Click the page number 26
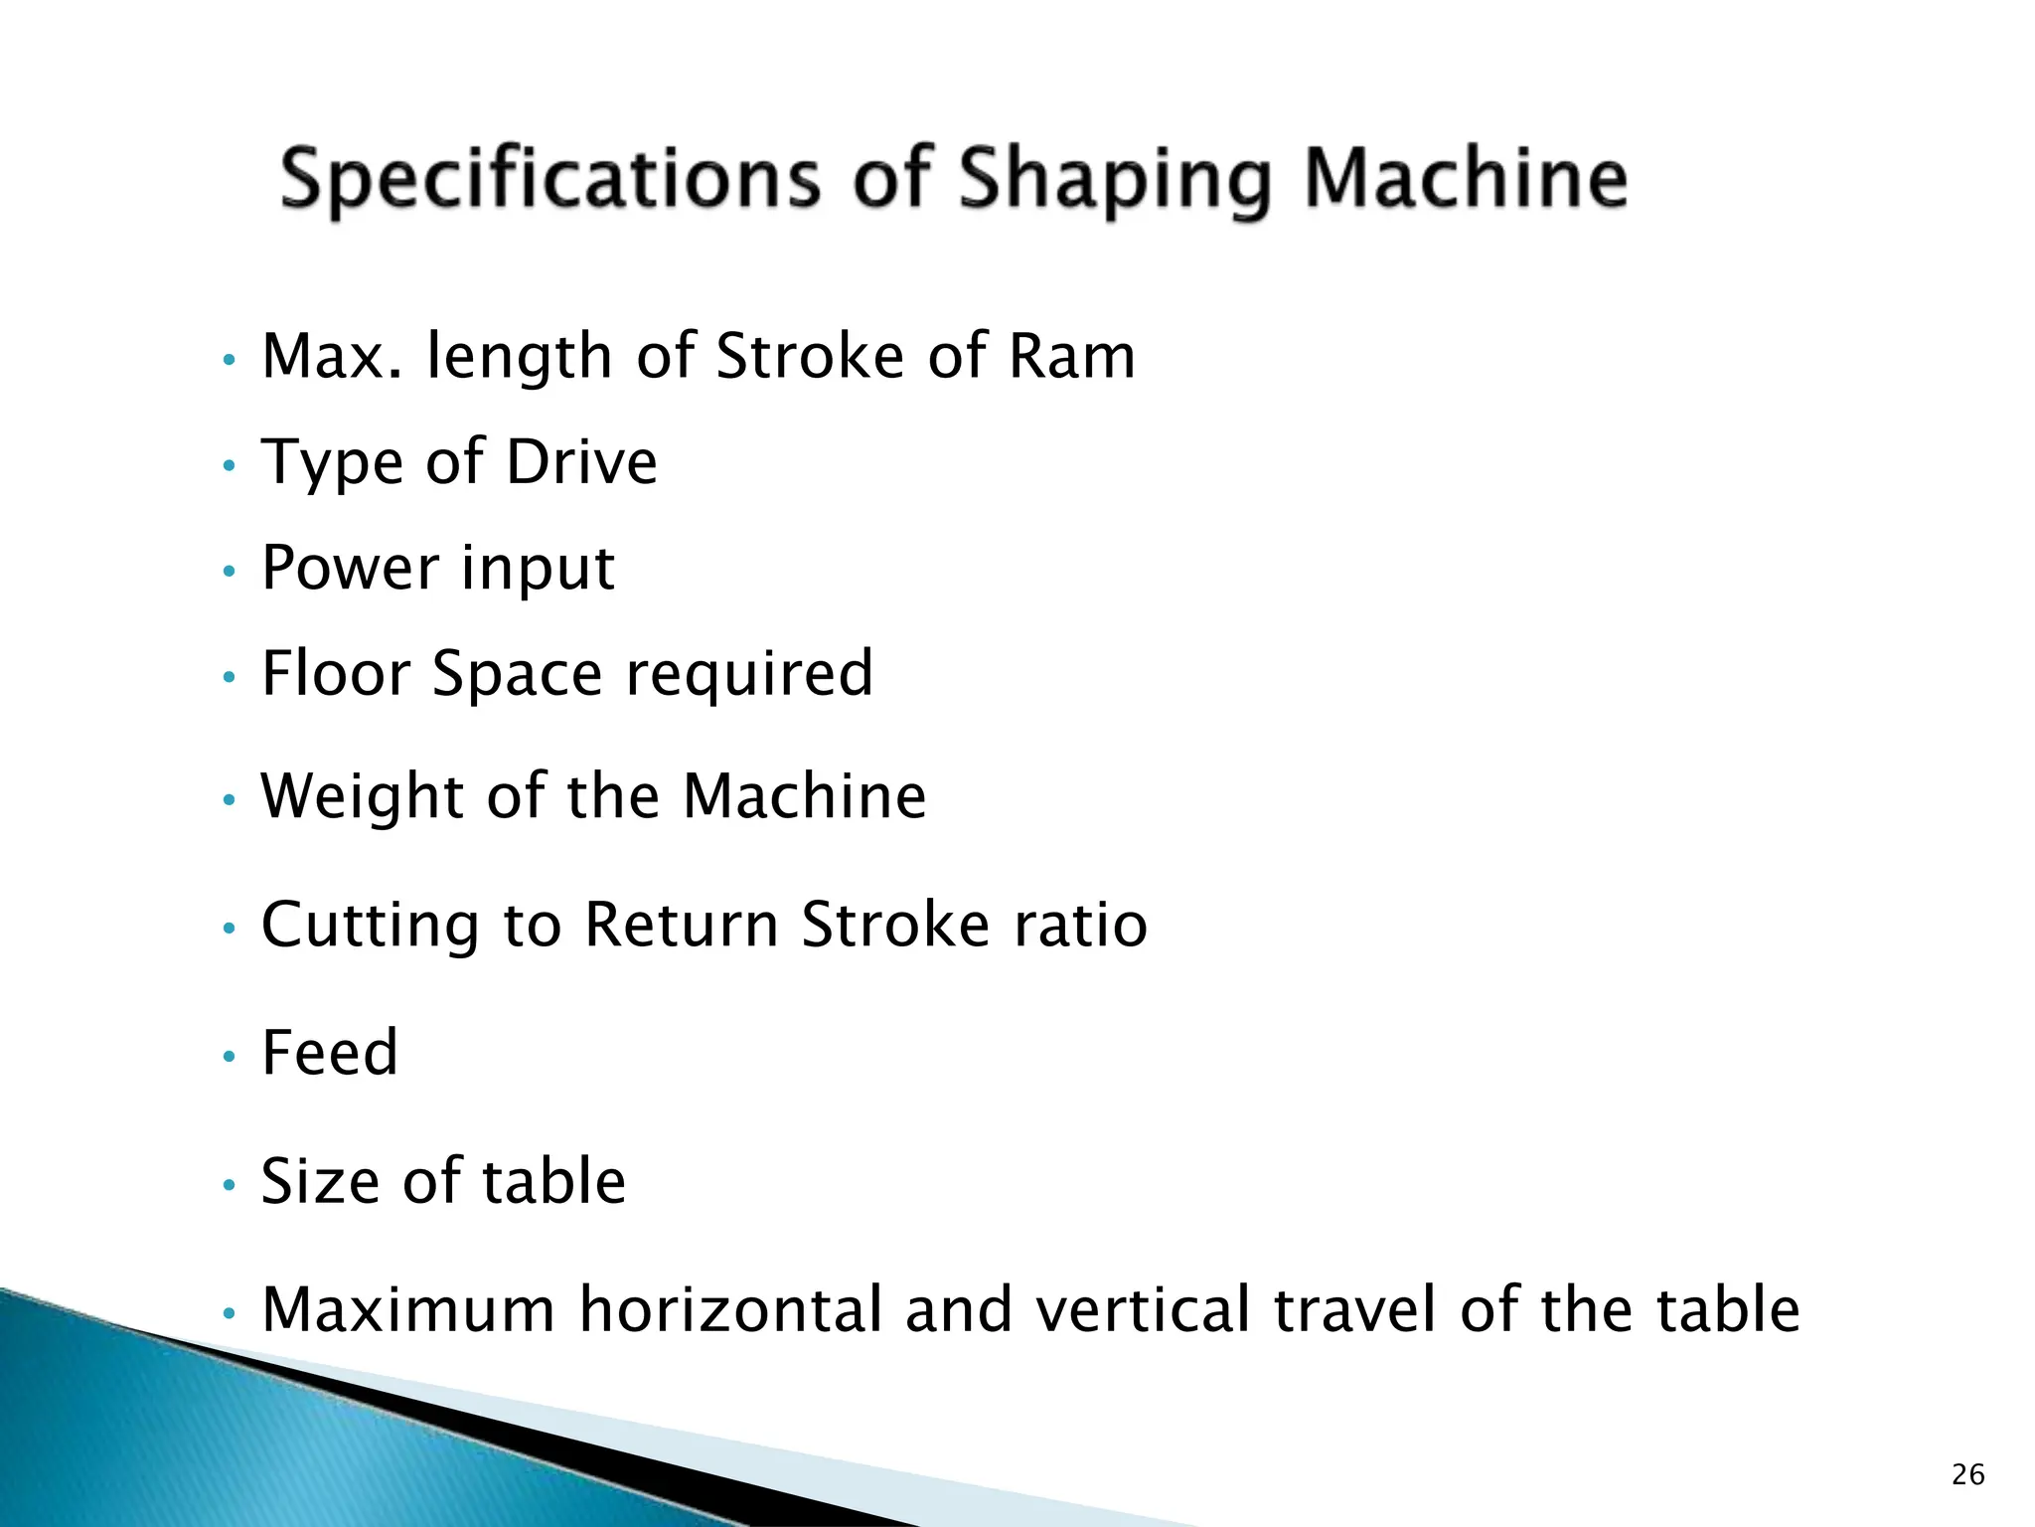(1967, 1474)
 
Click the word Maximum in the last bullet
(408, 1309)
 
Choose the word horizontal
(731, 1309)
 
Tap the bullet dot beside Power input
(229, 572)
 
